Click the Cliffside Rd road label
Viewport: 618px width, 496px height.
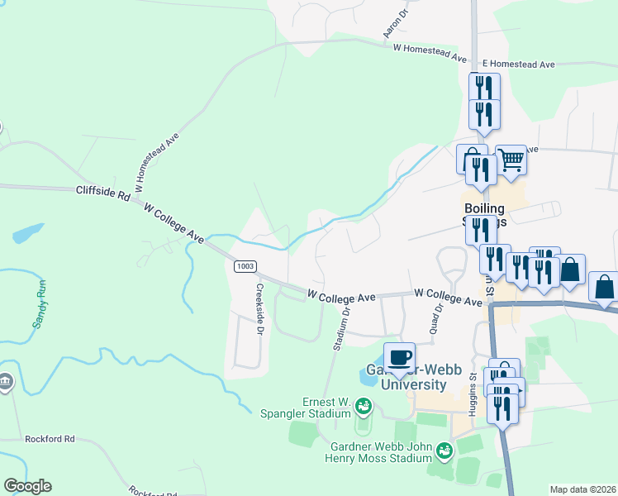[x=102, y=192]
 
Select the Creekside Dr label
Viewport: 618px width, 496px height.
[x=259, y=309]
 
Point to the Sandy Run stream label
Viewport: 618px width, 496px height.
[x=39, y=303]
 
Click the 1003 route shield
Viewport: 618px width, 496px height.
[x=244, y=265]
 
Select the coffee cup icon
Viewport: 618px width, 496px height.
[x=399, y=357]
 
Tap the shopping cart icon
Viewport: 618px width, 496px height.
[x=511, y=159]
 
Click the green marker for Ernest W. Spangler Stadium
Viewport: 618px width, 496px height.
[x=364, y=406]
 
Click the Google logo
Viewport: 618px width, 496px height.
[x=27, y=486]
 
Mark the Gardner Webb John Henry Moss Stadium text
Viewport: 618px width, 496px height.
[x=374, y=451]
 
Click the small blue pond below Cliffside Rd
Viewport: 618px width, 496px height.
[x=28, y=232]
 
